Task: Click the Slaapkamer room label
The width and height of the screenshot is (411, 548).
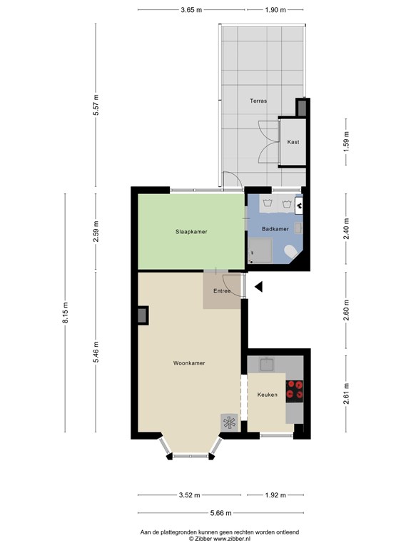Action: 191,232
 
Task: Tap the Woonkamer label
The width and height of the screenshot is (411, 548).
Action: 189,363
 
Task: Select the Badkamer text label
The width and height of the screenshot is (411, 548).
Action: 275,229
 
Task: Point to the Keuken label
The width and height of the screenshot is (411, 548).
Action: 268,395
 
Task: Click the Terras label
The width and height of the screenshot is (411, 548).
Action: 258,101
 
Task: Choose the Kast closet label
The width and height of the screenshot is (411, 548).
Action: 293,142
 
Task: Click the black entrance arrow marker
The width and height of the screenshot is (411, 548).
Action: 258,287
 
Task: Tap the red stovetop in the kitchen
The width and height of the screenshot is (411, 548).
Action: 295,392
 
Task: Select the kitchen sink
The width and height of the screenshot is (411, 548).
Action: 267,364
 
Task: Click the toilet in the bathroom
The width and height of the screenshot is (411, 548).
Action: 290,251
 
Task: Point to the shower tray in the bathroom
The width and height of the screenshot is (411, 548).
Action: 260,250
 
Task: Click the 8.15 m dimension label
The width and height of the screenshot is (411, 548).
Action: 66,313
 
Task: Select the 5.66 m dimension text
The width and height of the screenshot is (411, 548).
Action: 221,513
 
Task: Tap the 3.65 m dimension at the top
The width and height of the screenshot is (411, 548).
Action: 191,10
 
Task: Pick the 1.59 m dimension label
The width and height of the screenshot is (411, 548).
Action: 346,141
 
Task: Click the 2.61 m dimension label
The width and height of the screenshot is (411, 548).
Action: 346,394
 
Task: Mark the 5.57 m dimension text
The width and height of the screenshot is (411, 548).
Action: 96,105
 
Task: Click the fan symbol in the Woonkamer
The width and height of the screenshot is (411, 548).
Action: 229,422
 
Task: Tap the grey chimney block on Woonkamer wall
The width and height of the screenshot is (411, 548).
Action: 143,315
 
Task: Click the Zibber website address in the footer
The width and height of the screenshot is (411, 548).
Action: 232,539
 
